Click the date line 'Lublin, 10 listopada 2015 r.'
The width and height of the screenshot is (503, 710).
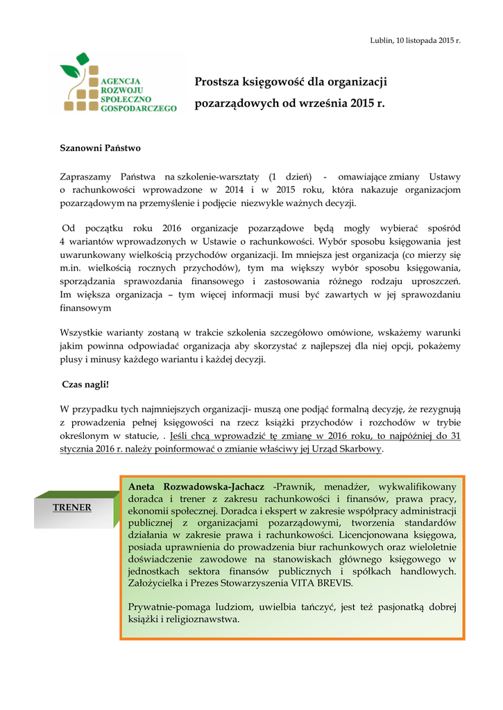tap(416, 41)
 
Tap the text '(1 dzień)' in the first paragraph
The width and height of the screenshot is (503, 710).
tap(290, 177)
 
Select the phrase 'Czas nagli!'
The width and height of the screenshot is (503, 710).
tap(86, 383)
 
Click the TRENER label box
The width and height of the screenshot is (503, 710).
tap(72, 508)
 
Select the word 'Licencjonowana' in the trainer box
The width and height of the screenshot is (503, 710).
tap(376, 535)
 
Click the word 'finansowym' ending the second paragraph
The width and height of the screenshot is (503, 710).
tap(86, 307)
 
